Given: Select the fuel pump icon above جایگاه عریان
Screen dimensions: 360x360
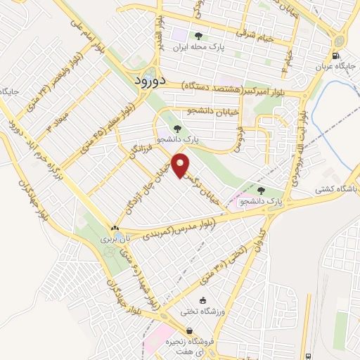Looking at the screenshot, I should coord(335,57).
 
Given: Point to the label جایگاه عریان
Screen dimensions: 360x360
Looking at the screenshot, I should coord(336,67).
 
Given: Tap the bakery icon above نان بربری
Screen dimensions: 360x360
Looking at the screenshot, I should coord(115,228).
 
